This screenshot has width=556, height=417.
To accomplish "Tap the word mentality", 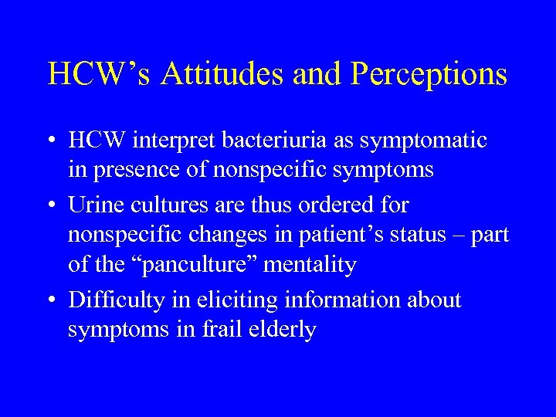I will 311,265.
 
